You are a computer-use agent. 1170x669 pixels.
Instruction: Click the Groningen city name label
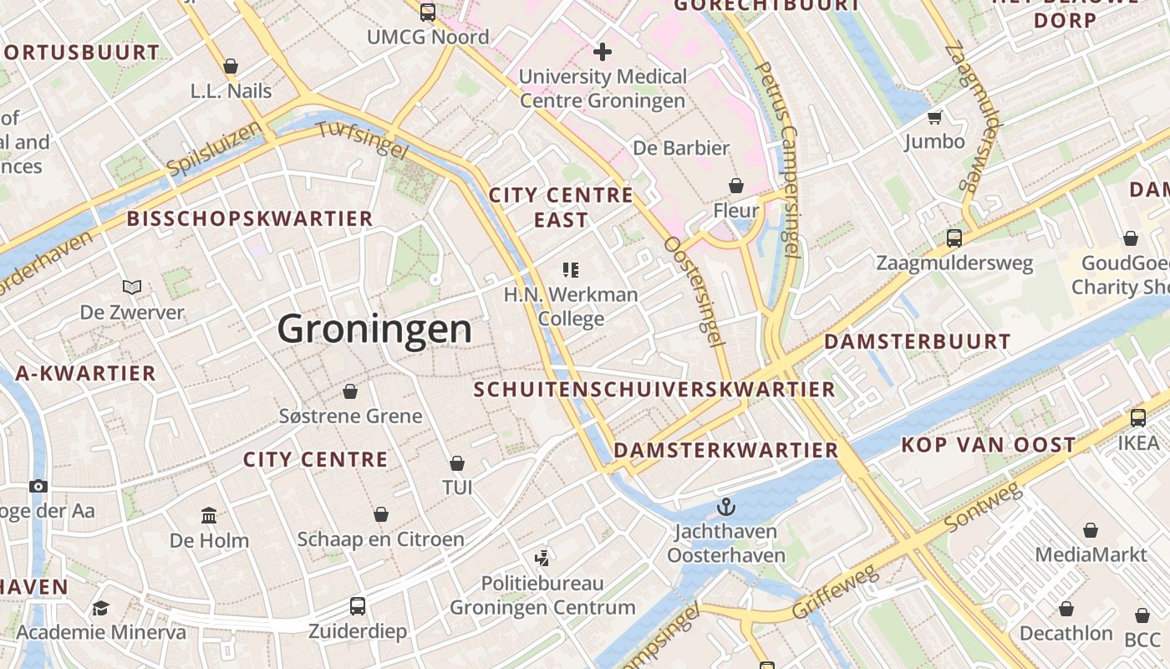point(374,329)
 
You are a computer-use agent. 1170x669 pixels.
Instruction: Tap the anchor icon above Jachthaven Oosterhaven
point(726,506)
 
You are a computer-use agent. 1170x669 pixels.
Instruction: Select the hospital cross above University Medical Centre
point(602,52)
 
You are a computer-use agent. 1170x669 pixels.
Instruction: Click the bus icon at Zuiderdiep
point(358,606)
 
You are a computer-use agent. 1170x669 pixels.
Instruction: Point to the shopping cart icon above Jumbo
point(934,117)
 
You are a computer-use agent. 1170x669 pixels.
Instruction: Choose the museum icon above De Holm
point(209,515)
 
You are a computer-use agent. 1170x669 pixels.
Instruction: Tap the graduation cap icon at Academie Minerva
point(100,608)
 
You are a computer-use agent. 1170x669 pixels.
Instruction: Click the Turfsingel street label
point(362,140)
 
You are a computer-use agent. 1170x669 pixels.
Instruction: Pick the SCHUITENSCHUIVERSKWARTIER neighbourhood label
point(654,390)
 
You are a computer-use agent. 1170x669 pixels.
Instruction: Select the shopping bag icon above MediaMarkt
point(1091,529)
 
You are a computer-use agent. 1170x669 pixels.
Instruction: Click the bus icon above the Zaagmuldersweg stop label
point(954,237)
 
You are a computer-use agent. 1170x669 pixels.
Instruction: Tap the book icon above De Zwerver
point(132,288)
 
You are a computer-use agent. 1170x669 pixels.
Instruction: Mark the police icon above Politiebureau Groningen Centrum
point(542,558)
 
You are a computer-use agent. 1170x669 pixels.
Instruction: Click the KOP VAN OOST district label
point(988,445)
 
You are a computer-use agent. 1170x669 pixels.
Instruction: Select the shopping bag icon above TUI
point(457,462)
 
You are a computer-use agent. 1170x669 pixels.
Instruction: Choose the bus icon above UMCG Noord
point(428,12)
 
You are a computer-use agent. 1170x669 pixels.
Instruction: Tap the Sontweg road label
point(984,508)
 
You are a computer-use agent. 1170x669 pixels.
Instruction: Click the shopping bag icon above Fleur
point(736,185)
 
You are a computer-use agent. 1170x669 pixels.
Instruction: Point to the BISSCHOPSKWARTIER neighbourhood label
point(250,219)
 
